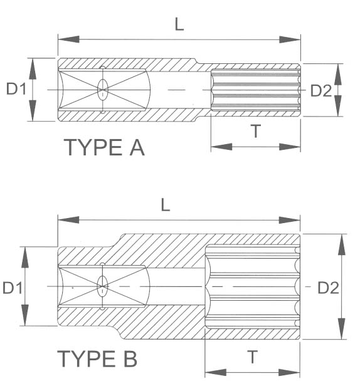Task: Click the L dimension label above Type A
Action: [x=179, y=24]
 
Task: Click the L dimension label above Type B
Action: [x=166, y=206]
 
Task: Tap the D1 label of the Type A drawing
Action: [x=16, y=90]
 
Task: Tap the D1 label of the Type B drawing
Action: [x=13, y=288]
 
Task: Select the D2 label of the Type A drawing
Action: [x=321, y=91]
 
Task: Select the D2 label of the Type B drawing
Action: [x=327, y=288]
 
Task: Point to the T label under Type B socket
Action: [x=252, y=357]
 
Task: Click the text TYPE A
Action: [x=105, y=148]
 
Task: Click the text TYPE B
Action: [x=97, y=360]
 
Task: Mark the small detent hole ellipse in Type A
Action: [x=102, y=90]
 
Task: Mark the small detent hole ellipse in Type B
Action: [x=102, y=286]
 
